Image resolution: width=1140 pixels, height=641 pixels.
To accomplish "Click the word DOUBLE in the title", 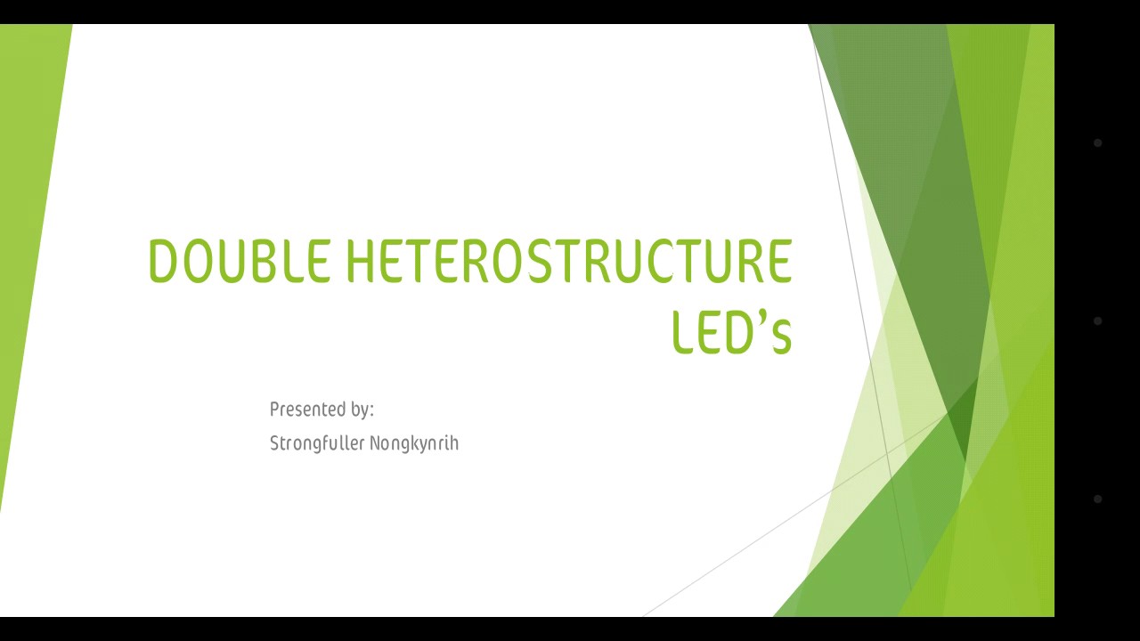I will [239, 261].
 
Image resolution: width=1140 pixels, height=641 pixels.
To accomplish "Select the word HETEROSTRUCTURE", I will [568, 261].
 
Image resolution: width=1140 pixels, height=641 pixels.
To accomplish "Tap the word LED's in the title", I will [731, 332].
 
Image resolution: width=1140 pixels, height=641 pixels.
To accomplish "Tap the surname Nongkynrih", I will [414, 443].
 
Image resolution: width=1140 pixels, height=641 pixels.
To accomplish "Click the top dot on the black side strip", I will [1097, 142].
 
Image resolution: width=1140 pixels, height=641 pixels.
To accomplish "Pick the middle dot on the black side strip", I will [1097, 320].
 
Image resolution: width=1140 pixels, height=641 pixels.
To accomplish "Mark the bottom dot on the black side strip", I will [1097, 499].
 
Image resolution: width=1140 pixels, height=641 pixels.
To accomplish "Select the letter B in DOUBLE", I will [266, 261].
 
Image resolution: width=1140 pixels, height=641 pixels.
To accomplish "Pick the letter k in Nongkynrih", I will [409, 443].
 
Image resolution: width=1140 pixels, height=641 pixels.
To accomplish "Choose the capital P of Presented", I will [274, 410].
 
